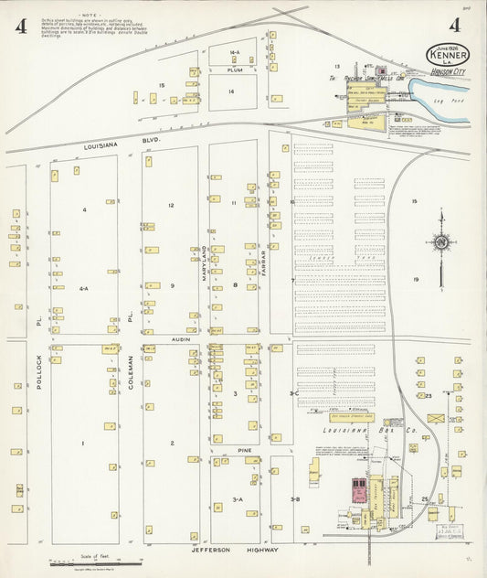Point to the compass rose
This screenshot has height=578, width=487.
tap(441, 242)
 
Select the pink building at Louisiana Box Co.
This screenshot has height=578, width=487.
tap(356, 493)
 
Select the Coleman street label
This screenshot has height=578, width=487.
tap(131, 373)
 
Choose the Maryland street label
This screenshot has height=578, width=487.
tap(205, 262)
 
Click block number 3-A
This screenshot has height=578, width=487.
tap(237, 499)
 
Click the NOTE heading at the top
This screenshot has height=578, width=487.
tap(91, 16)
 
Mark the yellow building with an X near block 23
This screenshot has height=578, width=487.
tap(436, 418)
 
